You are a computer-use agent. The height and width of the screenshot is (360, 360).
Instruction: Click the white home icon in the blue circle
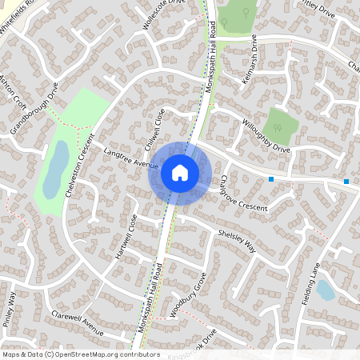(180, 172)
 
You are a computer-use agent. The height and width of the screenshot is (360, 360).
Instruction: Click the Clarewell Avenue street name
(77, 322)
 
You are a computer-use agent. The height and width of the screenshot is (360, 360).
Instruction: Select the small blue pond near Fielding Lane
(326, 290)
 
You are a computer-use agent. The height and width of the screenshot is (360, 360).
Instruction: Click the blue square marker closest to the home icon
(272, 179)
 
